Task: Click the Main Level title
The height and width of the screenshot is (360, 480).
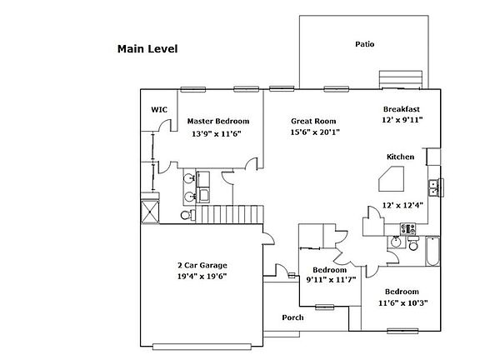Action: click(x=147, y=49)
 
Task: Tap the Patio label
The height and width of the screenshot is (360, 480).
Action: click(x=365, y=44)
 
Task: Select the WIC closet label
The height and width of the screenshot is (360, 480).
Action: click(x=159, y=110)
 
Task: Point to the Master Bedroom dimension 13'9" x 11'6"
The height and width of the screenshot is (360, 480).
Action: click(x=217, y=134)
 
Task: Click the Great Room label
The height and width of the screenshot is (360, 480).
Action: click(x=313, y=121)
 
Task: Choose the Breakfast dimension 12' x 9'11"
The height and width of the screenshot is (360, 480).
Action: click(x=402, y=120)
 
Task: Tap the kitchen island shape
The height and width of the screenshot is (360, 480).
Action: click(x=392, y=179)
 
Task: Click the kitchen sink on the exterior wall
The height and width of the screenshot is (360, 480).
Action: click(x=433, y=188)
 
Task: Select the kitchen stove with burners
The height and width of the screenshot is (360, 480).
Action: click(x=408, y=228)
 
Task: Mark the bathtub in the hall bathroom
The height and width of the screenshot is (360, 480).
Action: click(x=432, y=251)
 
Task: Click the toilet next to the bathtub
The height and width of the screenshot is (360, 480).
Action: click(x=413, y=243)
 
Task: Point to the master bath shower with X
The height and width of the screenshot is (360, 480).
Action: click(x=150, y=212)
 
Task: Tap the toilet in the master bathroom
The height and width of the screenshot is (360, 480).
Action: click(x=188, y=215)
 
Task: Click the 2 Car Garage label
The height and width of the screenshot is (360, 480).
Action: click(x=202, y=265)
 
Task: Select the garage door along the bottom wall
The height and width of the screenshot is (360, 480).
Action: click(x=202, y=347)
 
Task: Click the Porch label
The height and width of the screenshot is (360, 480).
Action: click(x=293, y=317)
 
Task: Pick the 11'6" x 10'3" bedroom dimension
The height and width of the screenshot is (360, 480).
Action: click(x=402, y=303)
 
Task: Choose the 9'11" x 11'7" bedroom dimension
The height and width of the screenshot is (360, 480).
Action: click(x=331, y=279)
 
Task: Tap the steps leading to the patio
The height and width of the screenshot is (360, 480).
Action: click(x=401, y=80)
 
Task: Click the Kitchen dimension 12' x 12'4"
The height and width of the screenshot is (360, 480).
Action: click(x=402, y=205)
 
